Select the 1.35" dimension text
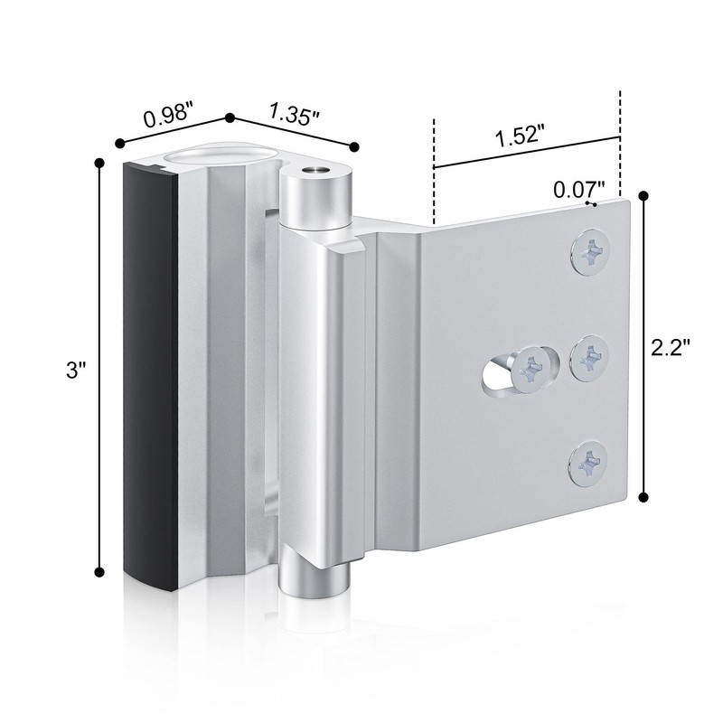pos(294,115)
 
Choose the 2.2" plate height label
pos(673,346)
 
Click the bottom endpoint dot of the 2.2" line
pos(644,495)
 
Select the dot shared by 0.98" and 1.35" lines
pos(230,117)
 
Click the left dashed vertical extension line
pos(435,172)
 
